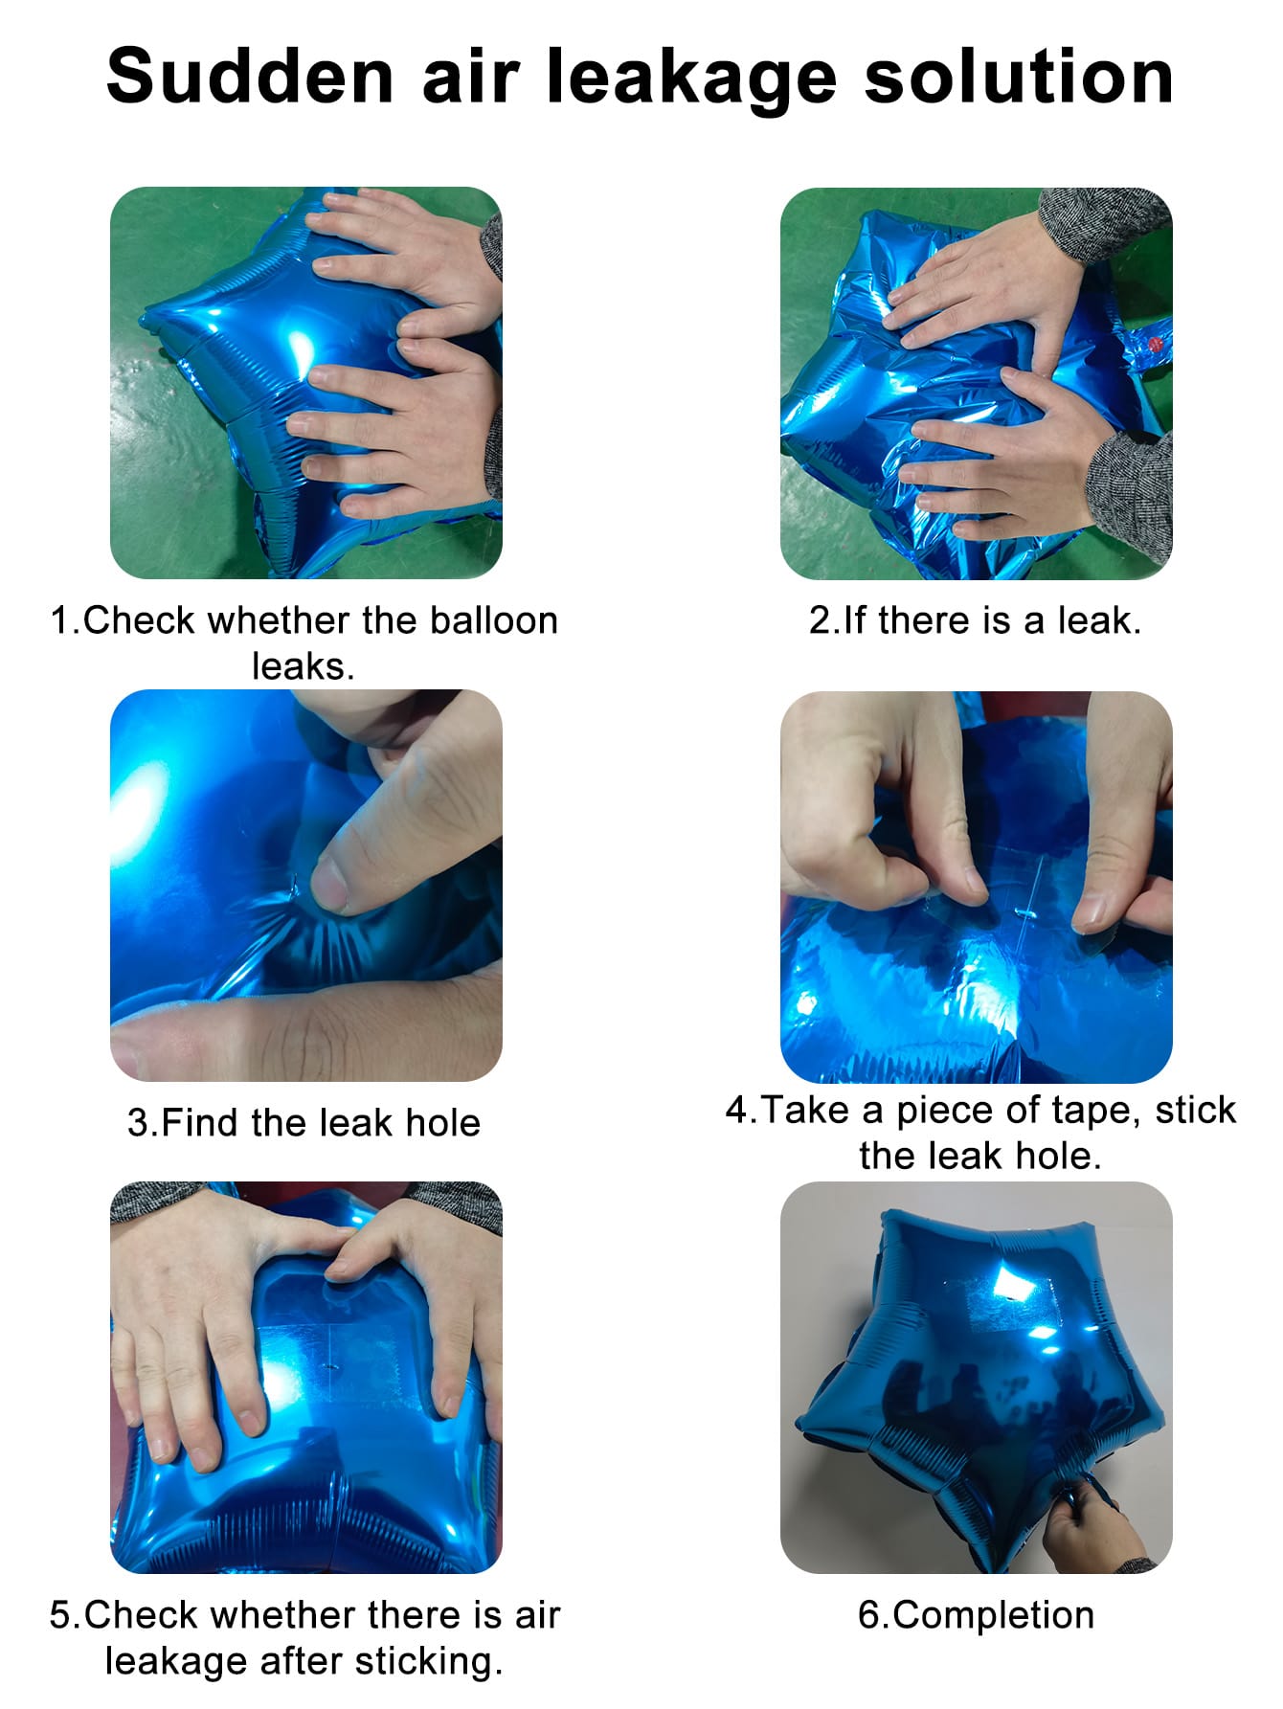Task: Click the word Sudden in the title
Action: point(250,77)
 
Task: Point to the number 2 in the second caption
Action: point(819,620)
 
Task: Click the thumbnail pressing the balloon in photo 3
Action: point(330,883)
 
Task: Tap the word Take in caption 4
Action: point(804,1111)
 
